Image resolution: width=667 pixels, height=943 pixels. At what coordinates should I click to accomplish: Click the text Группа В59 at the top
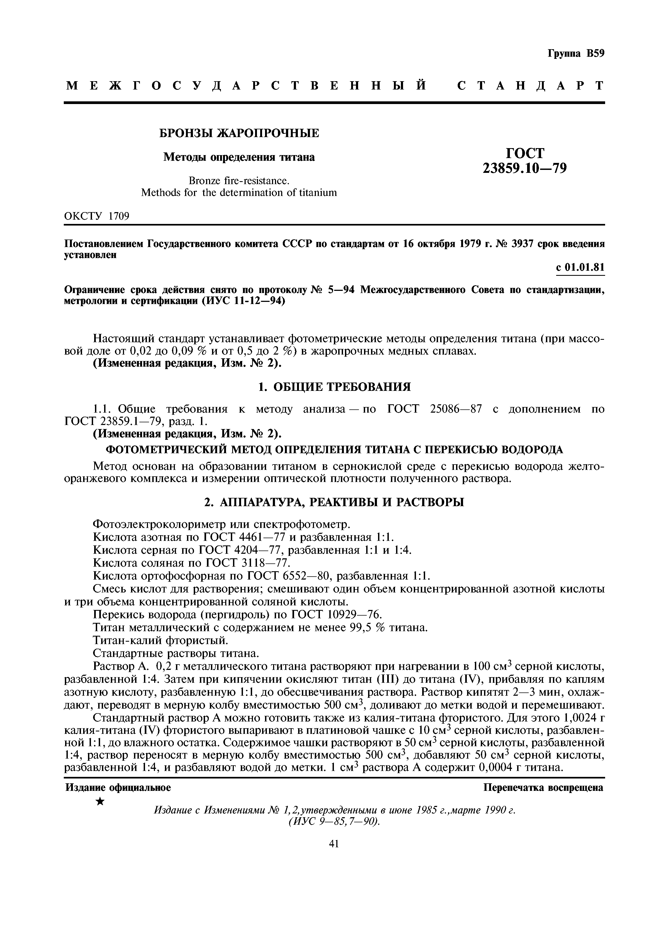pos(576,54)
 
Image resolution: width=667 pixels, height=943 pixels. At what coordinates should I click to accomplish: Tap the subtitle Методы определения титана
pos(239,157)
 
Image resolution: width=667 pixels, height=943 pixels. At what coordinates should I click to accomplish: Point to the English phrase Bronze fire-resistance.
pos(239,181)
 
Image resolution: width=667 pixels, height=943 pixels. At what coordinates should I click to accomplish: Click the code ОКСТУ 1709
pos(97,216)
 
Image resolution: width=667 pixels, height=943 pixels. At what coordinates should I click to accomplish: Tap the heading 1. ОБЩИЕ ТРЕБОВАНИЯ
pos(334,387)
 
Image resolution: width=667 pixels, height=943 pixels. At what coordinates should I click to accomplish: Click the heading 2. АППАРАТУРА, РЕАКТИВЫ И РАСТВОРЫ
pos(334,502)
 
